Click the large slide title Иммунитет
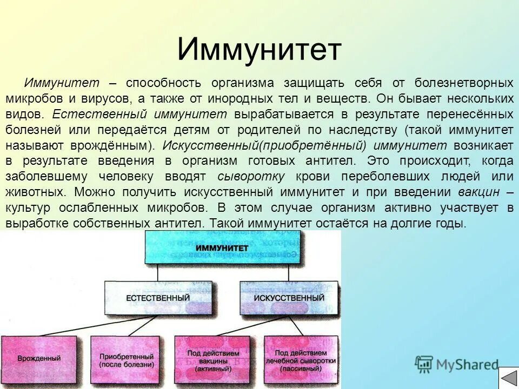259,50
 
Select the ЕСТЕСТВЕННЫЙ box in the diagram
157,298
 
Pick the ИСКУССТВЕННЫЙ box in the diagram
289,298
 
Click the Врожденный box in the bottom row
39,359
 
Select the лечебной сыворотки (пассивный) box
301,360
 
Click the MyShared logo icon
424,365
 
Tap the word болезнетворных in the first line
464,83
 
